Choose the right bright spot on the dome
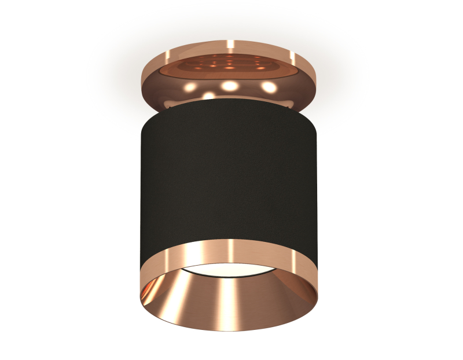pyautogui.click(x=268, y=87)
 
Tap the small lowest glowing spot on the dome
pyautogui.click(x=209, y=96)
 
